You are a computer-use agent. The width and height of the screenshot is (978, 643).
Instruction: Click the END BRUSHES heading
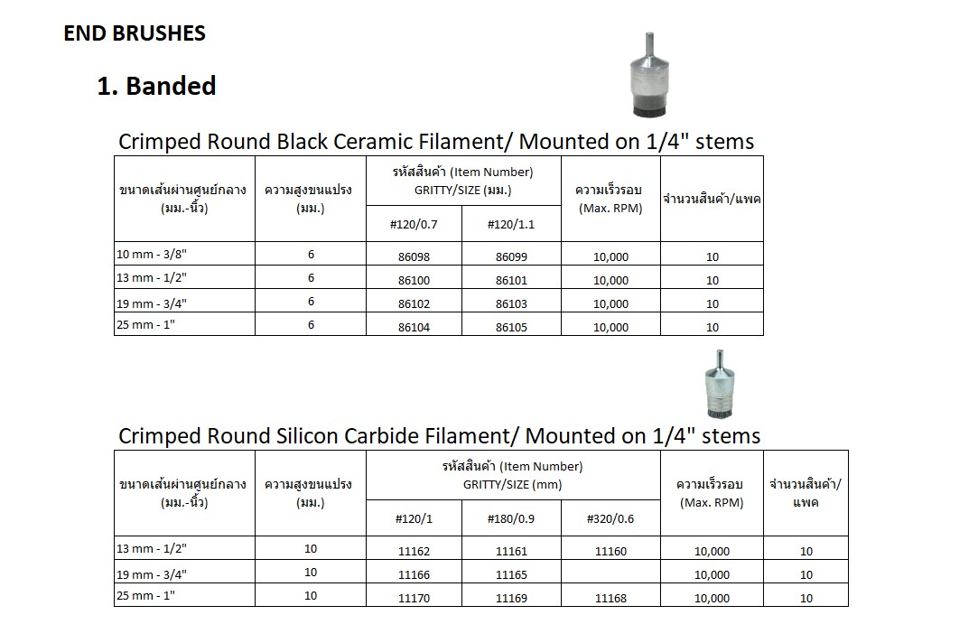click(x=135, y=34)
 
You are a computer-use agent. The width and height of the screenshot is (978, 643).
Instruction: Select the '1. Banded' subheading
click(x=156, y=87)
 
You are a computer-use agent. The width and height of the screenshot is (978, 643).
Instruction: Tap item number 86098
click(x=414, y=256)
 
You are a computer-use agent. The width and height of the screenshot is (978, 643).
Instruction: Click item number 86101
click(x=511, y=280)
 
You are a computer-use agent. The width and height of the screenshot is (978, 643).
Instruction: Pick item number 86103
click(x=511, y=304)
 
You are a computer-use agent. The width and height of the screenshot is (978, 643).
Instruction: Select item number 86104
click(x=414, y=327)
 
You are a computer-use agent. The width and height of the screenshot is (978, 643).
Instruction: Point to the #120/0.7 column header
click(x=414, y=224)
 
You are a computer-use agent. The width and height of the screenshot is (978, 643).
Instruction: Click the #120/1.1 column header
click(x=511, y=224)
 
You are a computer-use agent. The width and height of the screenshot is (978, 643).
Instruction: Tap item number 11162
click(x=414, y=551)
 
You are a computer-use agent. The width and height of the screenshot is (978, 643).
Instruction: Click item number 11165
click(x=511, y=574)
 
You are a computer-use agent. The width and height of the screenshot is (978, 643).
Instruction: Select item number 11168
click(x=610, y=598)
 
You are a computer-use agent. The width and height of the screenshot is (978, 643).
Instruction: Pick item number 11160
click(x=610, y=551)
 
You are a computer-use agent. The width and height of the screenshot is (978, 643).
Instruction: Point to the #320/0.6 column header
click(x=610, y=518)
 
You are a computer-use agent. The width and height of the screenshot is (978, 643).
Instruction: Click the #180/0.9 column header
click(x=511, y=518)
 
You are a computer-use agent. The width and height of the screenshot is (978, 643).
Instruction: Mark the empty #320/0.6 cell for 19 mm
click(x=610, y=574)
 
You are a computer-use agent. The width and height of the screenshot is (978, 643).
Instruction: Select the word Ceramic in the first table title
click(x=363, y=142)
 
